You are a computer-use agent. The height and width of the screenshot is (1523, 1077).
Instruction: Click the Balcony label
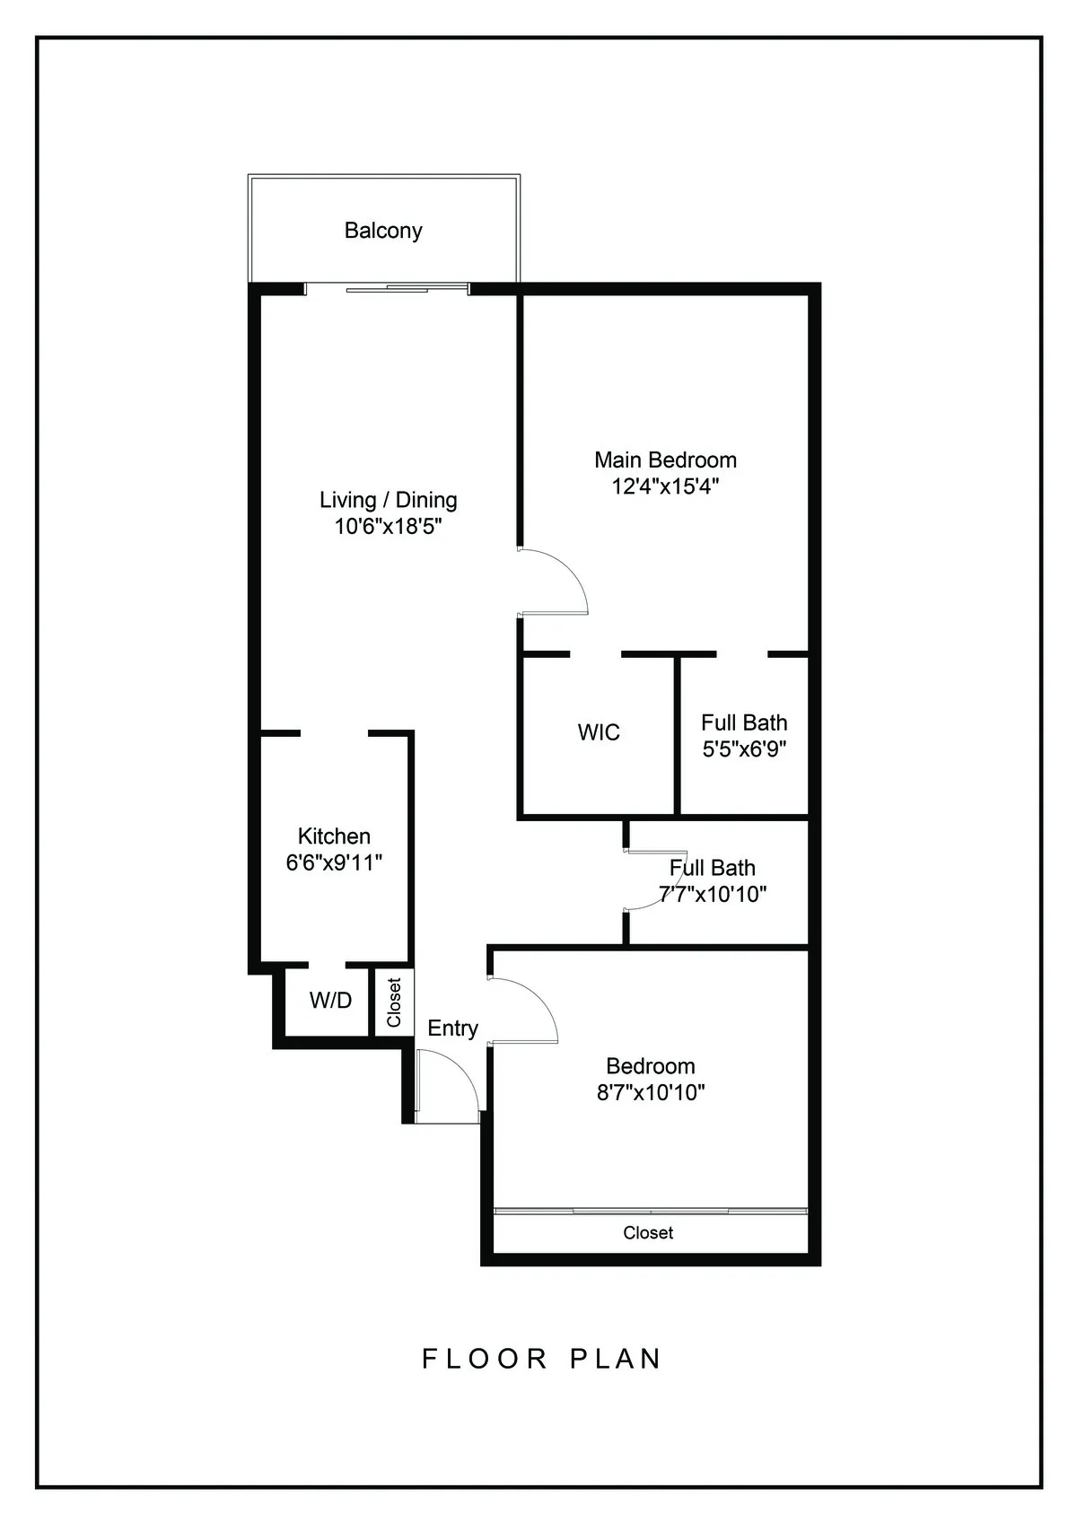coord(383,231)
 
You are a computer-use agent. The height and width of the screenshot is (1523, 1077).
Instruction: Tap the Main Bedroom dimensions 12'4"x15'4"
coord(665,487)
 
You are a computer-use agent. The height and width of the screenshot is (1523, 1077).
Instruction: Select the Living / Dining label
coord(388,500)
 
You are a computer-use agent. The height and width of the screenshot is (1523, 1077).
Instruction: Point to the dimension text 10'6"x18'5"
coord(388,527)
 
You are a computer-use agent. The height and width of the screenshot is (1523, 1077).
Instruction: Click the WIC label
coord(599,732)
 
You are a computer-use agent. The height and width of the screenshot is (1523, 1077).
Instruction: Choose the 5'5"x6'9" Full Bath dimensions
coord(744,749)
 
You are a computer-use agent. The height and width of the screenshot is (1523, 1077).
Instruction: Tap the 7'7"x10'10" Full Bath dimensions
coord(713,895)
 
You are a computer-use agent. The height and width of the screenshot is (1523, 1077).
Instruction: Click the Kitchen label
coord(334,836)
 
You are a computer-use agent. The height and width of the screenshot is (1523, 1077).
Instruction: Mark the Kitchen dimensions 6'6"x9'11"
coord(334,863)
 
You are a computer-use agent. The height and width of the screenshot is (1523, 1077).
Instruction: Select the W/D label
coord(330,1001)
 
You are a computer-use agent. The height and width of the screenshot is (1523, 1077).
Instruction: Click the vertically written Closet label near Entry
coord(393,1002)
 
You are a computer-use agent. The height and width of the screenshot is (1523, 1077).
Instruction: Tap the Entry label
coord(452,1028)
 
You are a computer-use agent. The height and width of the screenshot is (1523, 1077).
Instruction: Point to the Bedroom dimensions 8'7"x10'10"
coord(651,1093)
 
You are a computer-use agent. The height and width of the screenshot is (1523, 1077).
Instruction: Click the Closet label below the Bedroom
coord(648,1233)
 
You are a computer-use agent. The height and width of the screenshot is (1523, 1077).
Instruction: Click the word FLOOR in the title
coord(485,1359)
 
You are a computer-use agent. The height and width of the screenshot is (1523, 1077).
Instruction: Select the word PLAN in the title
coord(616,1359)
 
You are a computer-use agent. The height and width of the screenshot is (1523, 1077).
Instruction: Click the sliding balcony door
coord(387,288)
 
